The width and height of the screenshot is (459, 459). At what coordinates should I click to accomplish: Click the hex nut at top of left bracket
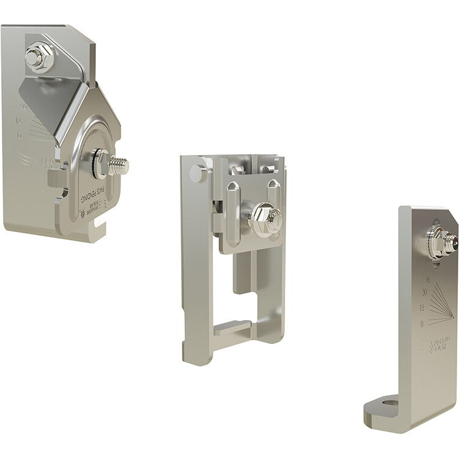[36, 59]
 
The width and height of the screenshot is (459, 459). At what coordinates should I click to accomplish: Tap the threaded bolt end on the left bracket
[120, 165]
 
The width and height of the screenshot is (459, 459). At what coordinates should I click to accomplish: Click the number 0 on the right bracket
[422, 322]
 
